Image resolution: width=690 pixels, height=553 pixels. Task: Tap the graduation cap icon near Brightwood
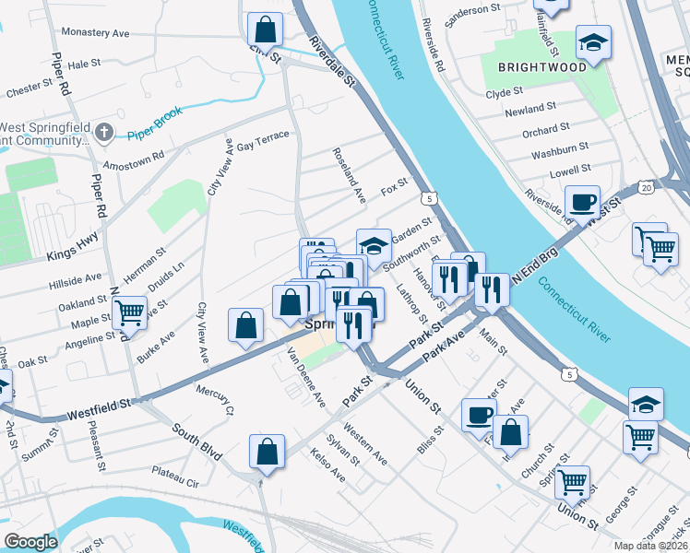click(593, 41)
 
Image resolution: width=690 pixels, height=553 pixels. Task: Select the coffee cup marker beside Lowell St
click(582, 202)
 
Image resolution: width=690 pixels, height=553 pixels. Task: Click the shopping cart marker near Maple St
click(130, 313)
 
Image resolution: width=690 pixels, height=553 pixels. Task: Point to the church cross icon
click(102, 132)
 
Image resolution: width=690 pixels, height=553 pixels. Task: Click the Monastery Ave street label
click(95, 32)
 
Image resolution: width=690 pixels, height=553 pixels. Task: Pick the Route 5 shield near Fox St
click(428, 198)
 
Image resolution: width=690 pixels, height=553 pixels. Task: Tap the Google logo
click(30, 542)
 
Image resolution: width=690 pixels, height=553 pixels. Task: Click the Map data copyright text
click(650, 546)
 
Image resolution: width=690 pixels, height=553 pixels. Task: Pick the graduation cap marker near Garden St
click(374, 245)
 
